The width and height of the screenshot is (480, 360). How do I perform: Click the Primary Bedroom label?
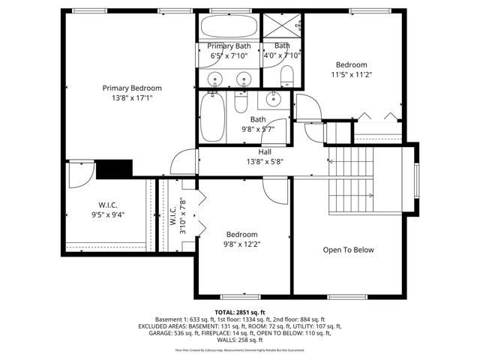pos(132,88)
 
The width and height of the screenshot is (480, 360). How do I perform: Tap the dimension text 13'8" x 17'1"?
pos(132,97)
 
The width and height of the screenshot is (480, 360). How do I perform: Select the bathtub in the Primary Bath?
pos(229,28)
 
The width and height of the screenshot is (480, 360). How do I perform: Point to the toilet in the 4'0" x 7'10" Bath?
pos(286,75)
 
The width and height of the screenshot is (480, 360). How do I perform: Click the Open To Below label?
pos(348,250)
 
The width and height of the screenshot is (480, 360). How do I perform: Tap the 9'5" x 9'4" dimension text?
pos(108,214)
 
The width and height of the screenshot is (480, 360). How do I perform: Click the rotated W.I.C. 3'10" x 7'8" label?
pos(177,217)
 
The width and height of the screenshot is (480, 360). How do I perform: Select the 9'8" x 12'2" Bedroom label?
pos(242,238)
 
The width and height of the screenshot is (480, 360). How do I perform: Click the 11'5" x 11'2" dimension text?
pos(352,74)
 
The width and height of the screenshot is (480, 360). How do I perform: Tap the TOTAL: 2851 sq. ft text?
pos(240,312)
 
